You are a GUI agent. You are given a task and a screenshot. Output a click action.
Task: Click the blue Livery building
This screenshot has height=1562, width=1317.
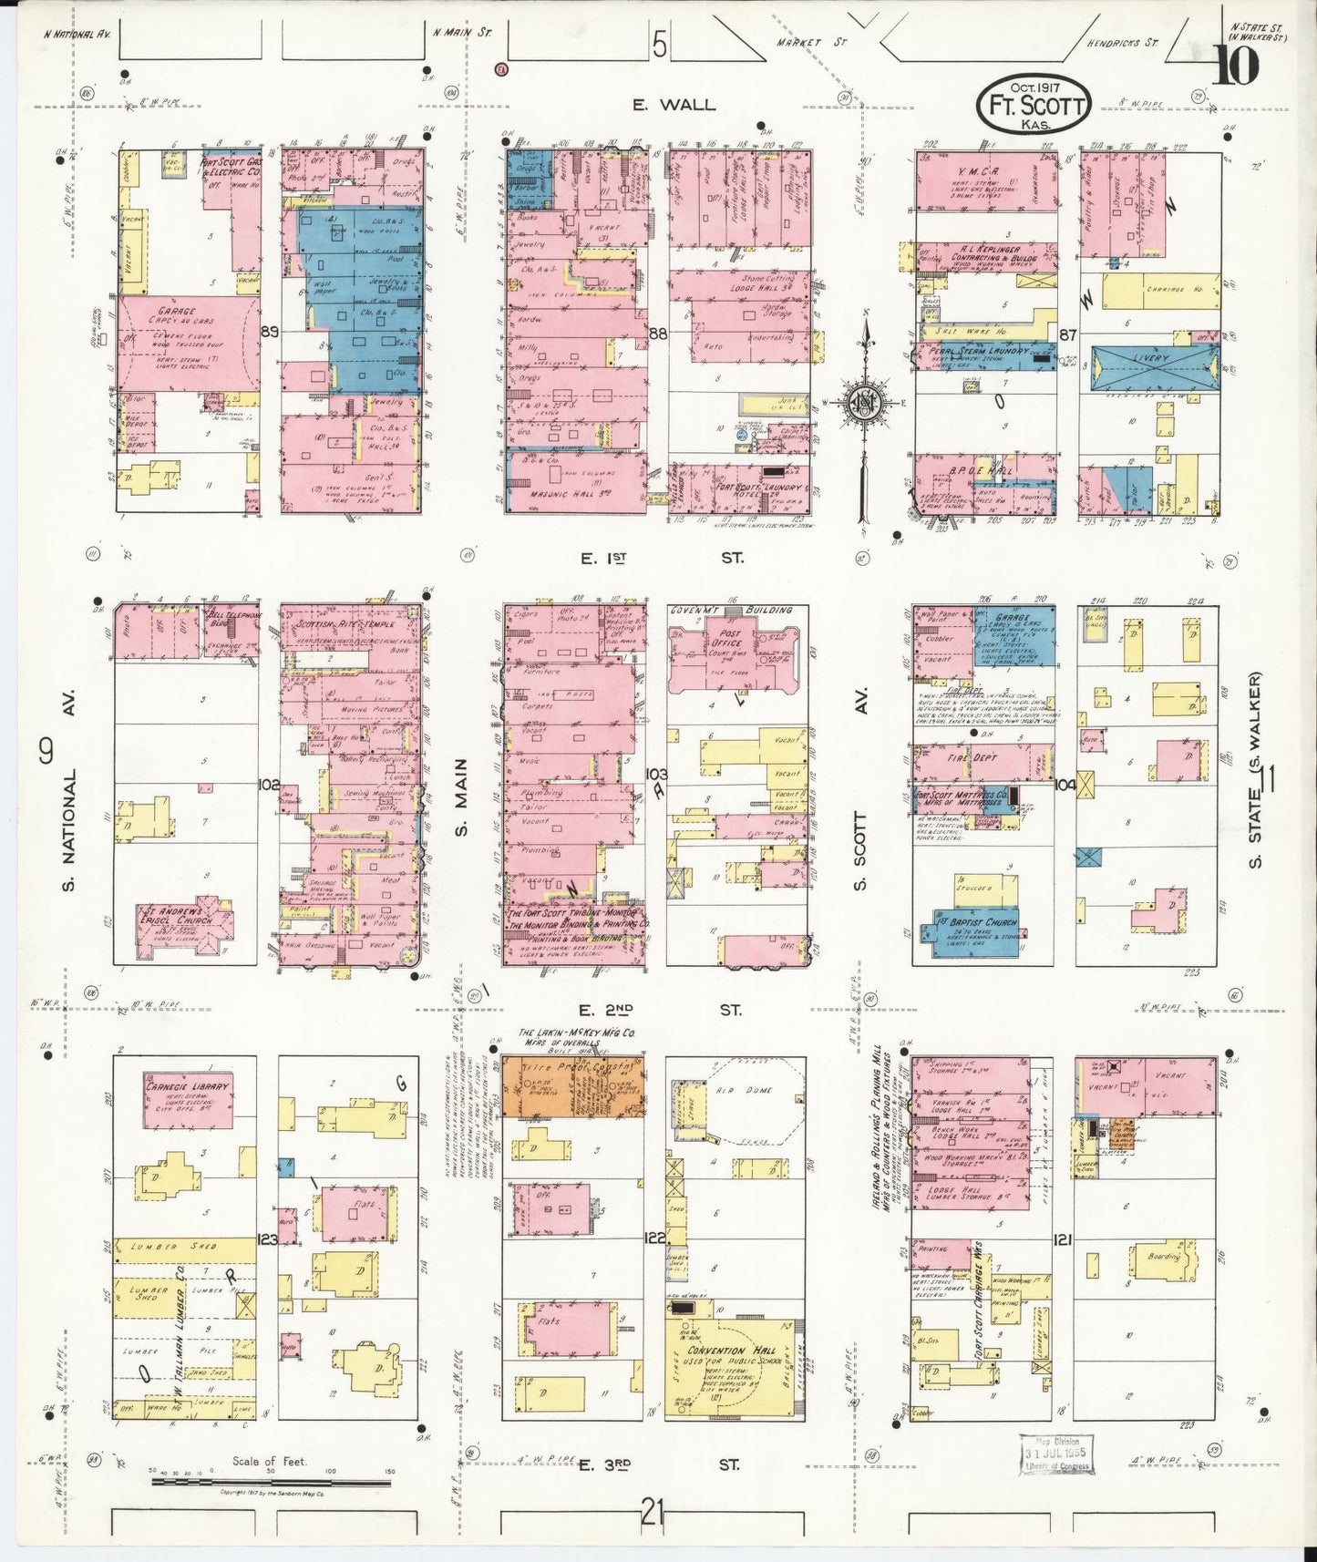click(x=1152, y=367)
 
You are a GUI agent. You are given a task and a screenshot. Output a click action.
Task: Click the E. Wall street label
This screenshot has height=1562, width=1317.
click(x=674, y=105)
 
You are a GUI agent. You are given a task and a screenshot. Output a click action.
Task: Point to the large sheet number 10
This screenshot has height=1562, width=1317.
click(x=1236, y=64)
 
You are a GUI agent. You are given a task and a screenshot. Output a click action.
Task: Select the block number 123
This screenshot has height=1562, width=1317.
click(x=267, y=1238)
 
